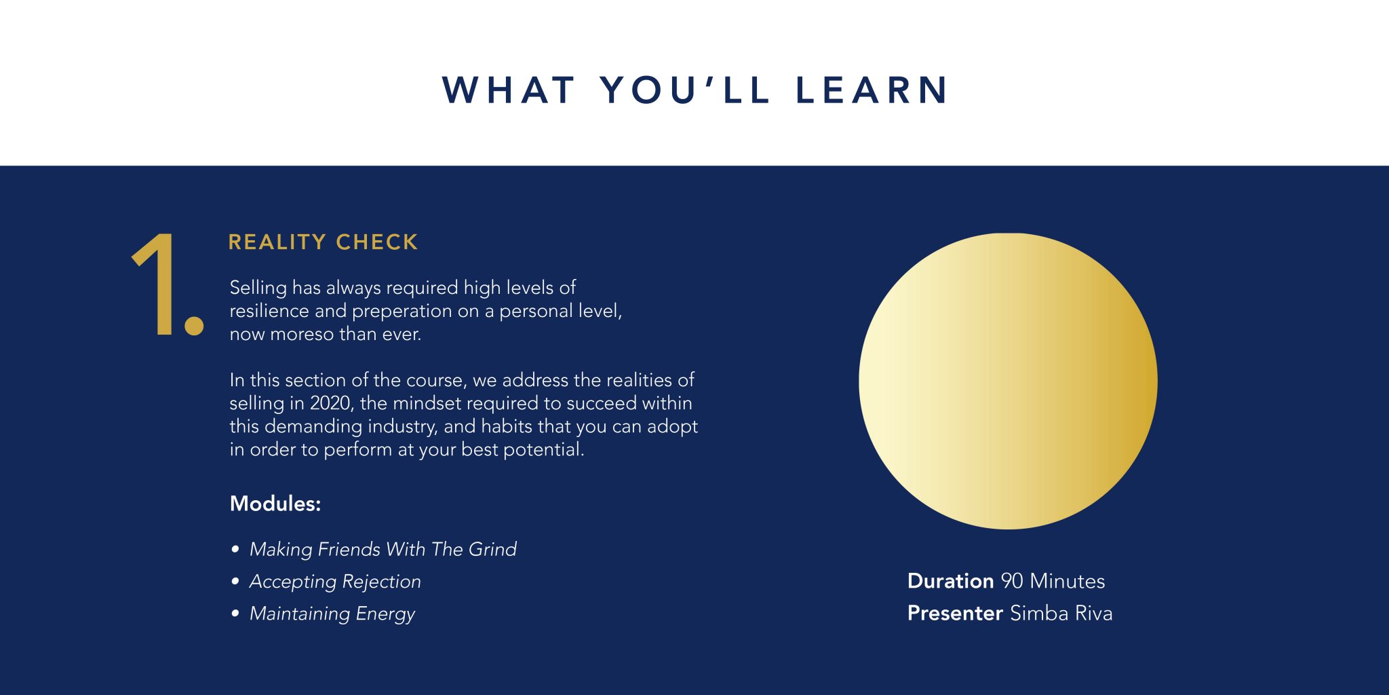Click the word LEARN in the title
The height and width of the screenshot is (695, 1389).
click(872, 90)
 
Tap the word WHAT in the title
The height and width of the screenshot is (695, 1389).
click(508, 90)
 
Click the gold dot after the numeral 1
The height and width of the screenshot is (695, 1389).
click(195, 325)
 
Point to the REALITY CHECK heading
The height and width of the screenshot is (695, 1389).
click(323, 242)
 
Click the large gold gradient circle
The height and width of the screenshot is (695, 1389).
click(1008, 381)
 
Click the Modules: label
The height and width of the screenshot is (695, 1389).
click(275, 504)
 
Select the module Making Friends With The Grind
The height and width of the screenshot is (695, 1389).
click(383, 549)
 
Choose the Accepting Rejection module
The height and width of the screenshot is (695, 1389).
click(335, 582)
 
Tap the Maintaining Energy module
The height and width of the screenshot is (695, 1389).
click(332, 614)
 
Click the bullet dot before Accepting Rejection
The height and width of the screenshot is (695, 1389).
click(235, 581)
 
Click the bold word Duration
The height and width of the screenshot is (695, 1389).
click(951, 581)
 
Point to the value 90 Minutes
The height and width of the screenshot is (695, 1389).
click(1053, 581)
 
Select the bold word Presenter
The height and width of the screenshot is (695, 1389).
click(955, 614)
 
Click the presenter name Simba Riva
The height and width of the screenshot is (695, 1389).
click(1061, 614)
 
